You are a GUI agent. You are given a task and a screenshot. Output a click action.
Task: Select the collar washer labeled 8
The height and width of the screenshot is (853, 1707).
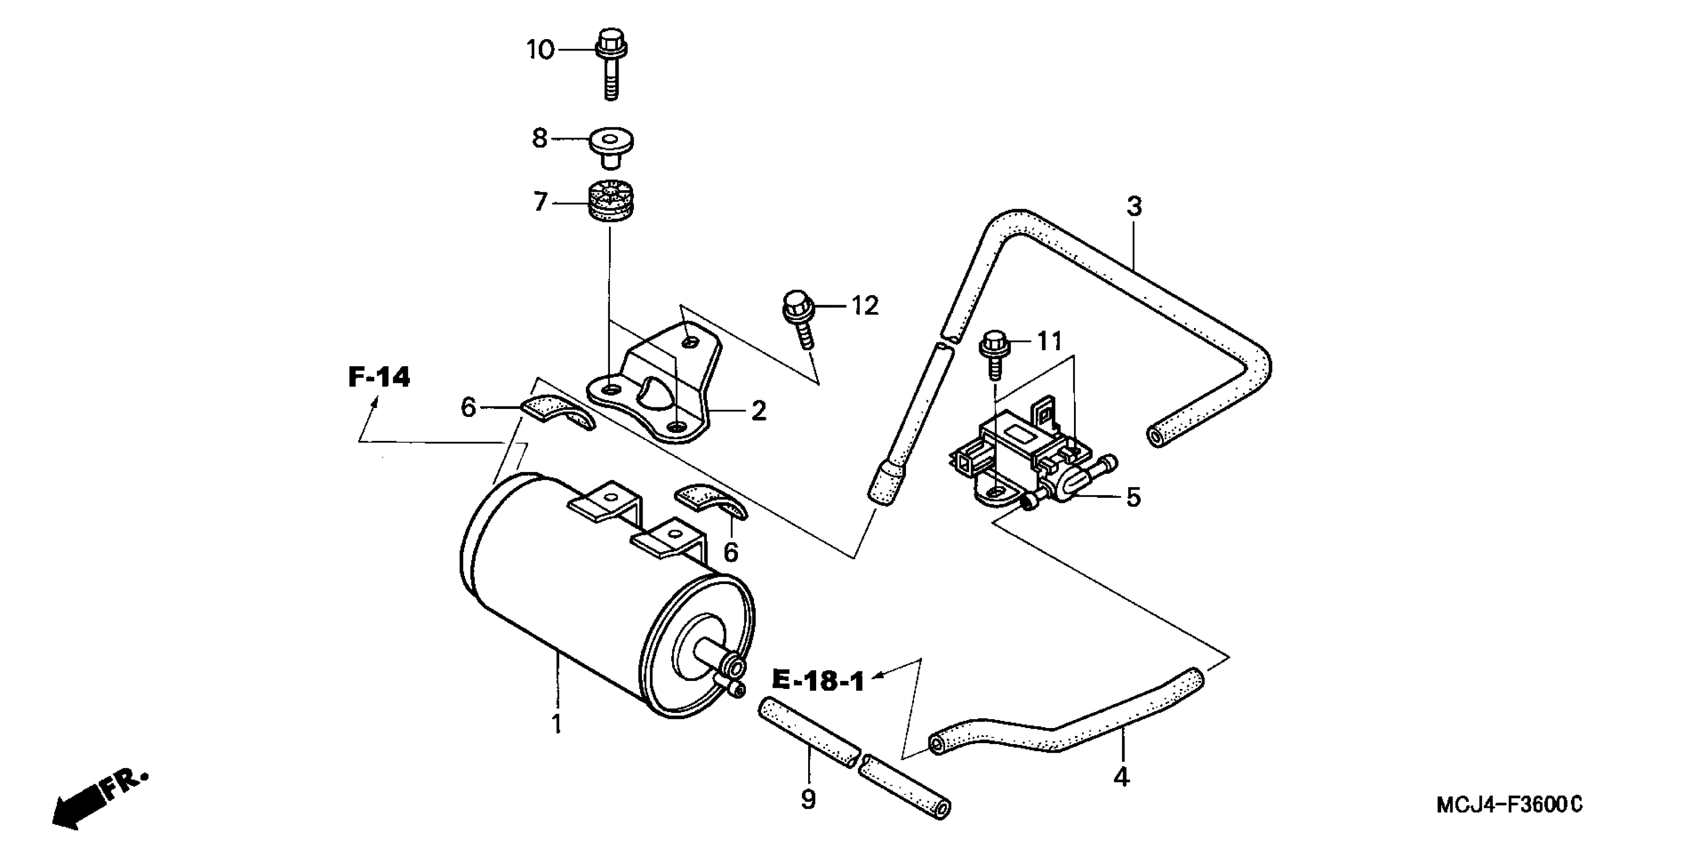tap(611, 147)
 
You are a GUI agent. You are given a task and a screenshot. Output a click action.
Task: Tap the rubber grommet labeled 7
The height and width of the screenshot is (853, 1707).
tap(610, 201)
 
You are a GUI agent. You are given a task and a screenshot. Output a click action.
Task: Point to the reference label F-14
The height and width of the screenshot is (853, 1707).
tap(379, 378)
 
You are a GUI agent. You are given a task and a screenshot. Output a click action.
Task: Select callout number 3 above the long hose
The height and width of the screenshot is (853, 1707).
tap(1135, 207)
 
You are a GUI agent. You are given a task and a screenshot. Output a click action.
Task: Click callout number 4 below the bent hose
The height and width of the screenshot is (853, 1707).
tap(1121, 776)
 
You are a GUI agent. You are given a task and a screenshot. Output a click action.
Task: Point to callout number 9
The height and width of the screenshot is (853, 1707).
tap(808, 800)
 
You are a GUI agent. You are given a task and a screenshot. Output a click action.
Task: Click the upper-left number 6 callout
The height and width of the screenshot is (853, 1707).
tap(469, 407)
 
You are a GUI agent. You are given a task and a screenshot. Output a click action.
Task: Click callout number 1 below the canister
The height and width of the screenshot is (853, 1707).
tap(557, 724)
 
